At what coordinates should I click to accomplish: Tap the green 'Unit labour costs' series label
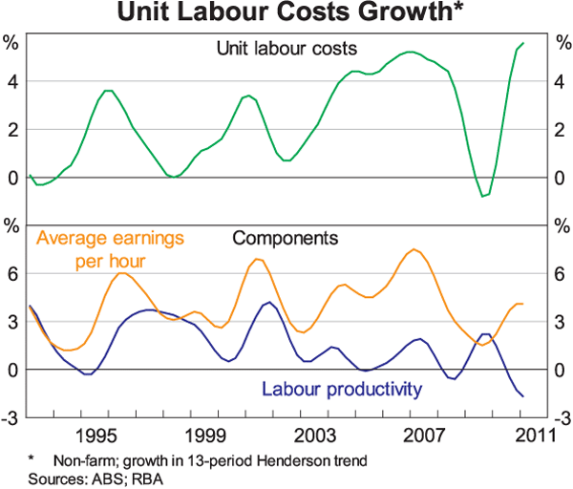(286, 47)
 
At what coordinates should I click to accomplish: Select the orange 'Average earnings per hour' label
(109, 245)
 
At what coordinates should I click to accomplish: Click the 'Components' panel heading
(285, 236)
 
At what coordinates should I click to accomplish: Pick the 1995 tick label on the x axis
(92, 436)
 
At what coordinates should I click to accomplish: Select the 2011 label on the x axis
(535, 436)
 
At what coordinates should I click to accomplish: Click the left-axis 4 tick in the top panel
(12, 82)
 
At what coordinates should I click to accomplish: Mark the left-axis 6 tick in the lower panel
(12, 274)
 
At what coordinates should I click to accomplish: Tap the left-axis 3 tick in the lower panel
(12, 322)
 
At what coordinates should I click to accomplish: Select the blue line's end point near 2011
(523, 395)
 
